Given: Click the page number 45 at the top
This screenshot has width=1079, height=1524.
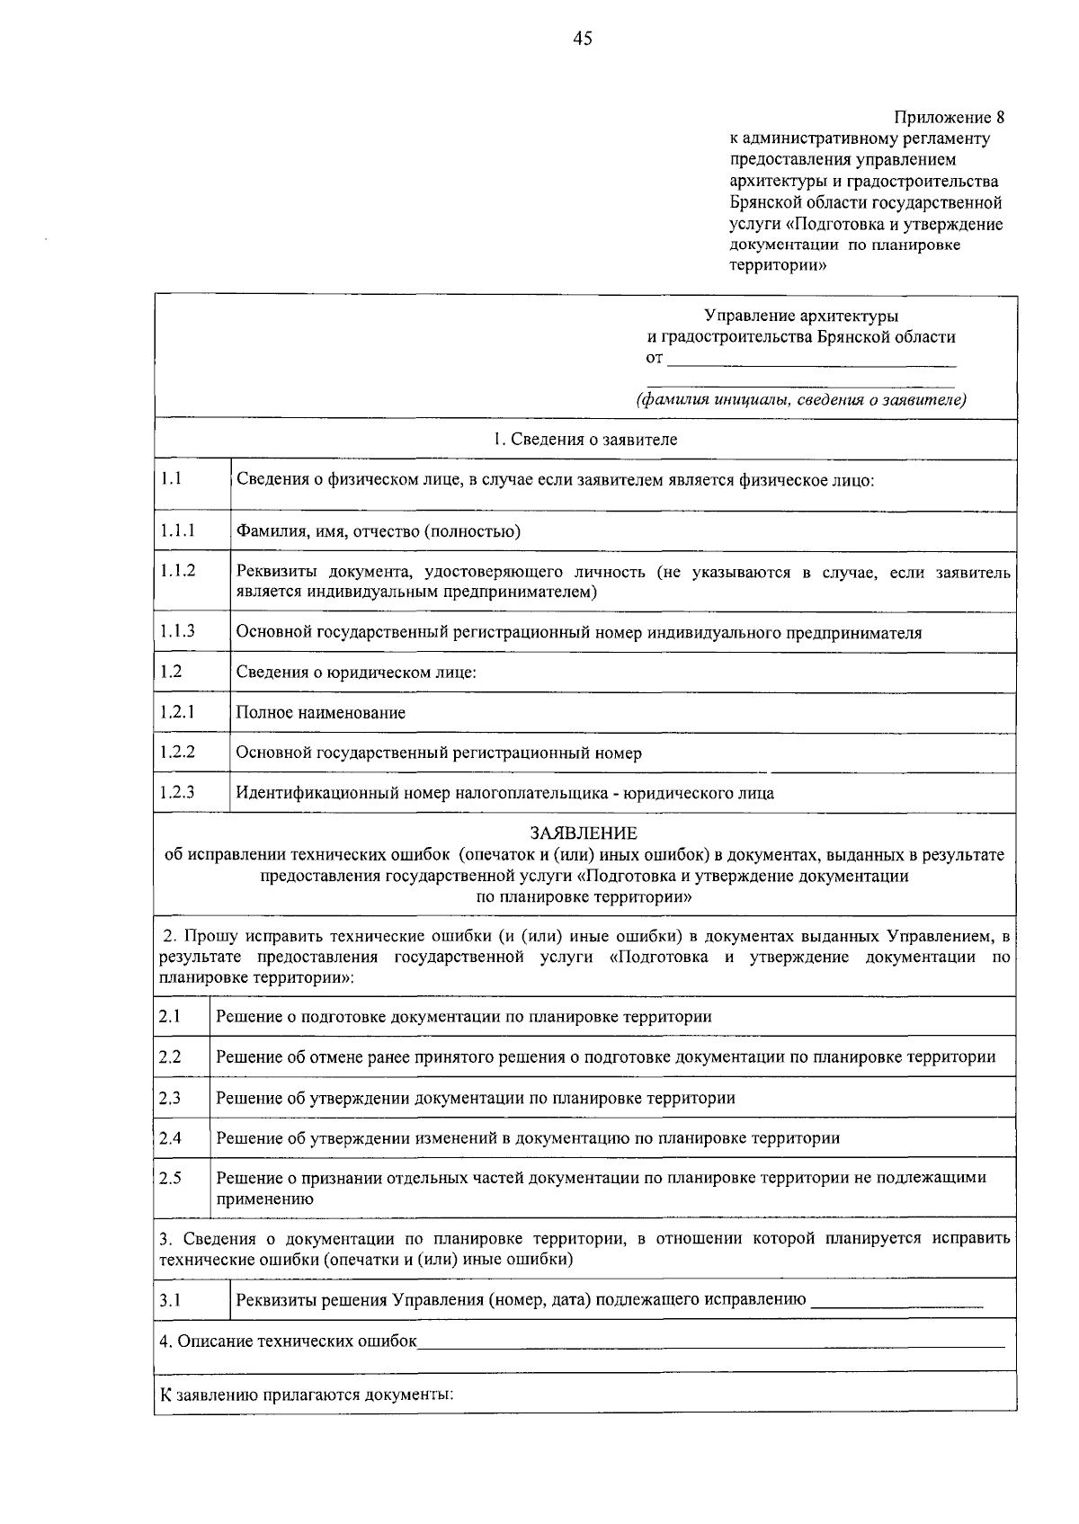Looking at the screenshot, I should (583, 38).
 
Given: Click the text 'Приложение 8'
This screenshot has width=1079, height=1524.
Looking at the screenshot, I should (948, 118).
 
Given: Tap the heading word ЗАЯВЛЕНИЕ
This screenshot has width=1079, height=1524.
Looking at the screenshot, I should (584, 833).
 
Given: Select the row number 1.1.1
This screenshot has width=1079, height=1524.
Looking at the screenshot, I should (178, 530).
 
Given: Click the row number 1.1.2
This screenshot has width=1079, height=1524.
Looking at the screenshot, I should (178, 570).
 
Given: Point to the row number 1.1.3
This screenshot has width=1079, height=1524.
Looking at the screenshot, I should (178, 631).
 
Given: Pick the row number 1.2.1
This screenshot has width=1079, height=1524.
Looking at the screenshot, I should (178, 712).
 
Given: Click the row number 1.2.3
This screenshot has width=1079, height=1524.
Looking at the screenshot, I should (178, 792).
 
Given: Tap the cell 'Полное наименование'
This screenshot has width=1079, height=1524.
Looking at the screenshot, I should (321, 713).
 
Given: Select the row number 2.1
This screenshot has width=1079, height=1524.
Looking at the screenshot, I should (170, 1016).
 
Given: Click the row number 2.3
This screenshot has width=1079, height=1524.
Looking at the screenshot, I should (170, 1097).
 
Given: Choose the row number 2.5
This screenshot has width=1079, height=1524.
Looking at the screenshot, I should (170, 1178).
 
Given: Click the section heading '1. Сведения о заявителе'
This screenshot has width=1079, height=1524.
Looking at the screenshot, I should (584, 440).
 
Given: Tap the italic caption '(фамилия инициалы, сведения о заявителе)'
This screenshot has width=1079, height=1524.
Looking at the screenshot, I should (801, 400).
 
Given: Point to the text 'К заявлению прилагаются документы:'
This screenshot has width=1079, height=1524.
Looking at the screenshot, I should (306, 1395).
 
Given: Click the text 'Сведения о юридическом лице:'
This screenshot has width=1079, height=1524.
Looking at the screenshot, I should (356, 673).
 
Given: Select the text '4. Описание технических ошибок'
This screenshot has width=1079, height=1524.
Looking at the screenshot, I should (289, 1341).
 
